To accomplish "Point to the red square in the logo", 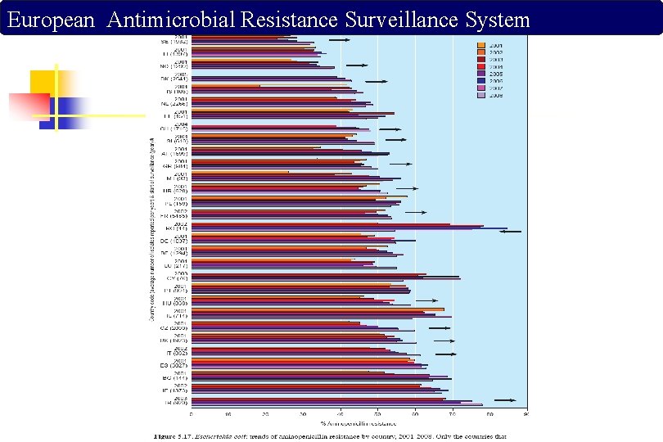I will coord(28,107).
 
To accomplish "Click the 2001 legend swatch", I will coord(481,45).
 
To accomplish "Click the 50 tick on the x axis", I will coord(378,414).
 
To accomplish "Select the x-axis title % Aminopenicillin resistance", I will coord(359,423).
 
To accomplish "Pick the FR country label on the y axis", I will coord(175,214).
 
